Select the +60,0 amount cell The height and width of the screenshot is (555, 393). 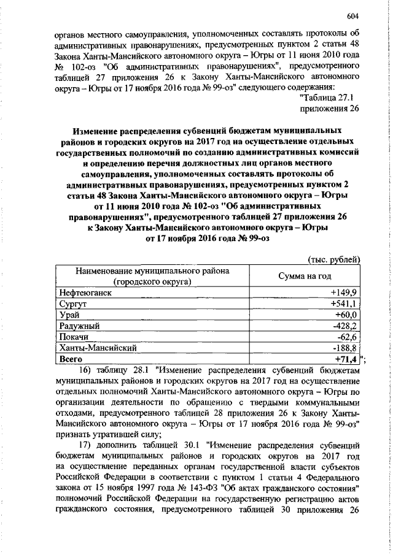click(346, 314)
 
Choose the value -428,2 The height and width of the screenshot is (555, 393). click(345, 325)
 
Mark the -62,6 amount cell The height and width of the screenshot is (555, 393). click(347, 336)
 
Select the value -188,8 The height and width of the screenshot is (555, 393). click(345, 347)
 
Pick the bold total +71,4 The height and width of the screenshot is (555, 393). click(346, 358)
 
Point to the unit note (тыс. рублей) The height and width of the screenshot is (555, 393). click(332, 260)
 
